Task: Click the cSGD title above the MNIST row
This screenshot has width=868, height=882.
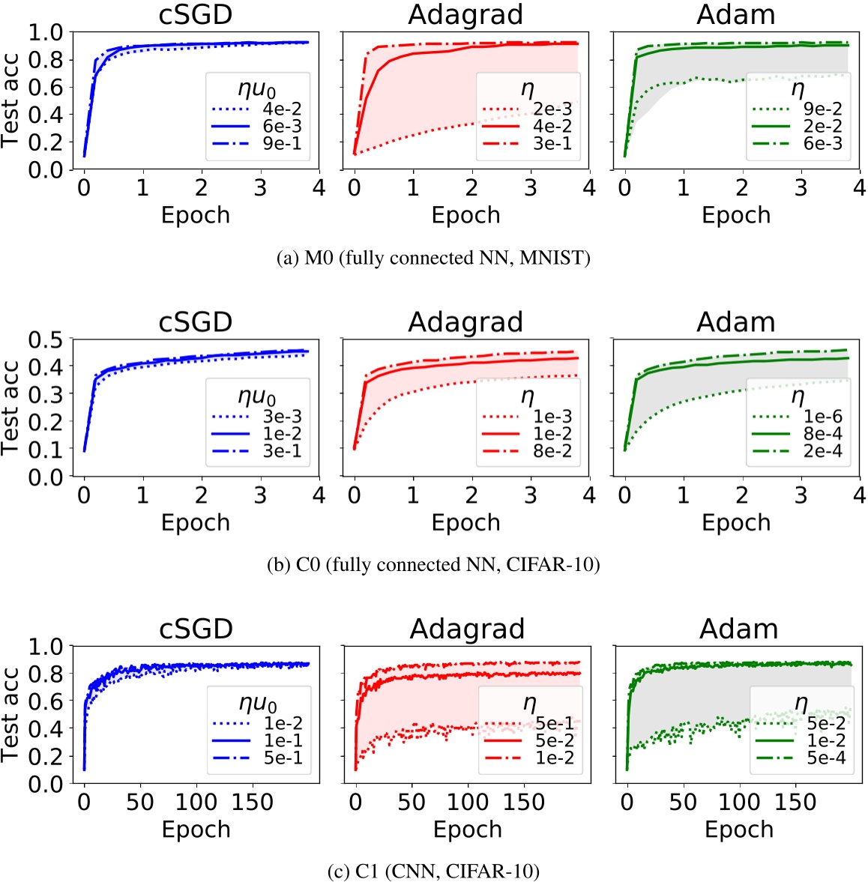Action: (196, 15)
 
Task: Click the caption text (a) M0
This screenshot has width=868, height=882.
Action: (433, 259)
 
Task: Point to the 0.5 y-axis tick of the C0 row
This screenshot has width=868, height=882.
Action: (46, 339)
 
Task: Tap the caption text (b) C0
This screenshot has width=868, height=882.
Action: (433, 564)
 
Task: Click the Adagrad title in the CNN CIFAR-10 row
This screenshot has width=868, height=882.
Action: (467, 629)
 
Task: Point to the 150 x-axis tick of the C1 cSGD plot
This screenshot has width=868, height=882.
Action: (252, 803)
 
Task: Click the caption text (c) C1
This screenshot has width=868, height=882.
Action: (433, 871)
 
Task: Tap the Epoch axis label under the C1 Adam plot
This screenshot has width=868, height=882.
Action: (738, 830)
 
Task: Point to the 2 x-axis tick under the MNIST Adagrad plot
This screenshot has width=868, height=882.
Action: (471, 187)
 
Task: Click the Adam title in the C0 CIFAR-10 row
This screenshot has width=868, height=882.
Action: (735, 322)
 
